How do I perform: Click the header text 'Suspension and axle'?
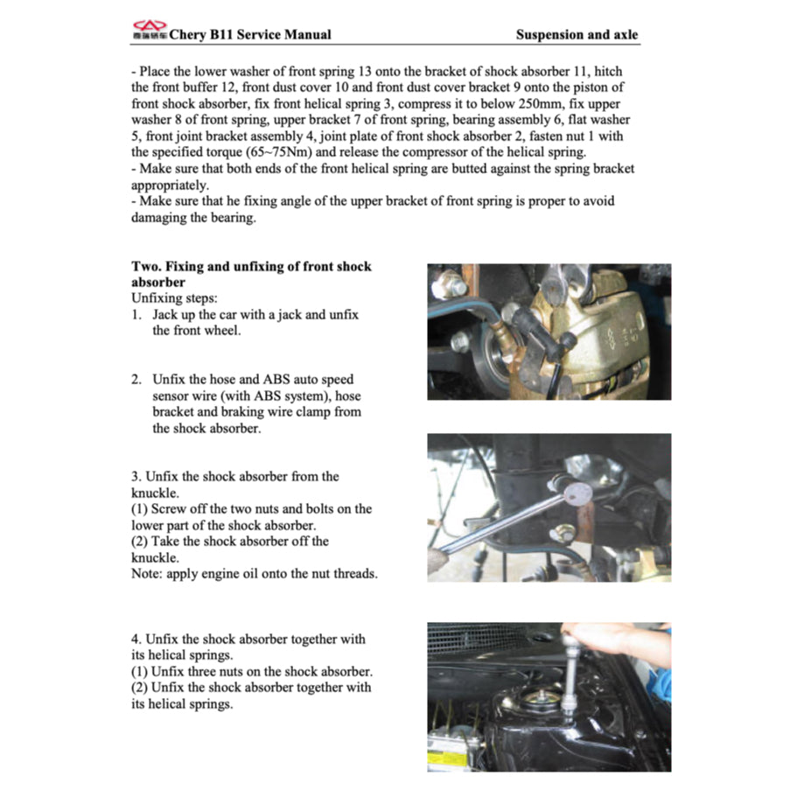[x=577, y=35]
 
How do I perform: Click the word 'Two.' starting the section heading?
[x=146, y=266]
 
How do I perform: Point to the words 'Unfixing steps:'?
[x=174, y=298]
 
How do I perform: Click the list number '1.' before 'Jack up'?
[x=137, y=314]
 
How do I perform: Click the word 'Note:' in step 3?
[x=148, y=574]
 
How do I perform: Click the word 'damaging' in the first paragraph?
[x=158, y=218]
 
